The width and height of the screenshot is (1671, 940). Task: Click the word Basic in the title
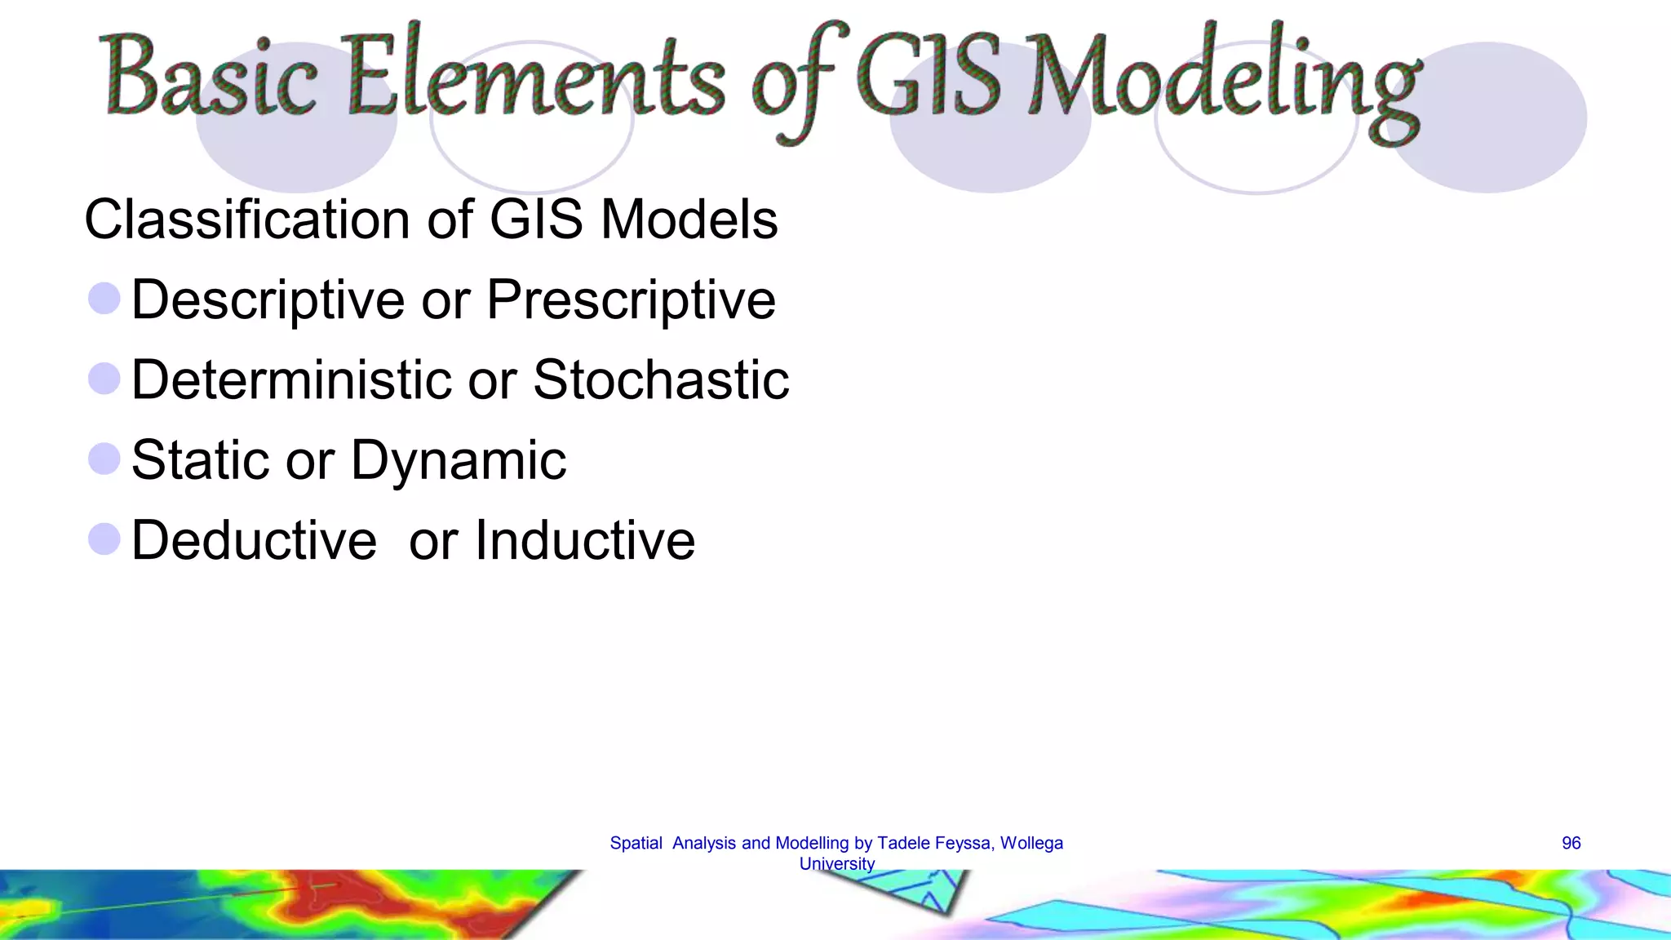click(211, 78)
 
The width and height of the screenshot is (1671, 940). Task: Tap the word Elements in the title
click(534, 78)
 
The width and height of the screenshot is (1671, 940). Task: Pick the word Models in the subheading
click(689, 219)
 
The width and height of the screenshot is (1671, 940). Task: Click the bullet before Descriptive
click(104, 299)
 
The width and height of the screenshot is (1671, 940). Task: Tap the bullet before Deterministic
click(104, 379)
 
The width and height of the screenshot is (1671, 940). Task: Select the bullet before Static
click(104, 459)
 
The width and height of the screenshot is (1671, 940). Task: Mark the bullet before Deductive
click(104, 539)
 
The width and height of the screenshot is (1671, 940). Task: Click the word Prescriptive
click(631, 300)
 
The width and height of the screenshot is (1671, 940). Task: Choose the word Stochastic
click(661, 379)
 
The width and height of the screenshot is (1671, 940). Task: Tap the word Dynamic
click(458, 461)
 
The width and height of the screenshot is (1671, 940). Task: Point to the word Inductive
click(584, 540)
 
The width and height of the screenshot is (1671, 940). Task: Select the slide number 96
click(1571, 843)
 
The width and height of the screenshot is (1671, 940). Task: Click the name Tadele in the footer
click(902, 843)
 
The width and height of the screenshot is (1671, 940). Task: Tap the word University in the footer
click(836, 863)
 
